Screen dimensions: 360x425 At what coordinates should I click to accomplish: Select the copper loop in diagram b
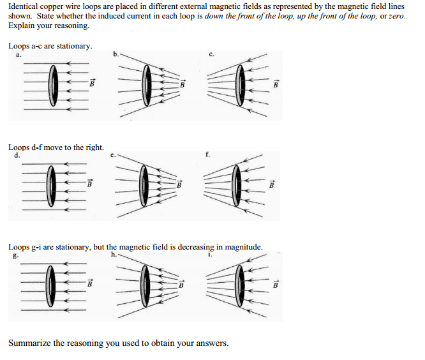[147, 84]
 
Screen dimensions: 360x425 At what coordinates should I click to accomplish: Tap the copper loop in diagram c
[240, 83]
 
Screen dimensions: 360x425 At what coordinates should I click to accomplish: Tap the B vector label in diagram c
[276, 83]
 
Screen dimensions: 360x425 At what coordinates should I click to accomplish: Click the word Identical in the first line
[23, 6]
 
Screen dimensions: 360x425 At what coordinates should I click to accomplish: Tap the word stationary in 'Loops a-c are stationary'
[76, 47]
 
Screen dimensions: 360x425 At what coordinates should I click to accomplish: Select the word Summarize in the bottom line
[29, 343]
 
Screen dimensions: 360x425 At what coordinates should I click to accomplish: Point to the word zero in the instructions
[397, 16]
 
